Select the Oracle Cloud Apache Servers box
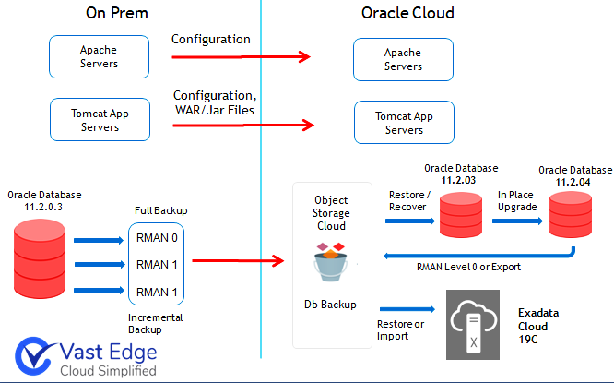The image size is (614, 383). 403,59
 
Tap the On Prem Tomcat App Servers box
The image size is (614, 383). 100,121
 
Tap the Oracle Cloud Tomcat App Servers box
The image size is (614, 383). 404,124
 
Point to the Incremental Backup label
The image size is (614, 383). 154,322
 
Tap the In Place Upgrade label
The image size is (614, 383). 517,201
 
